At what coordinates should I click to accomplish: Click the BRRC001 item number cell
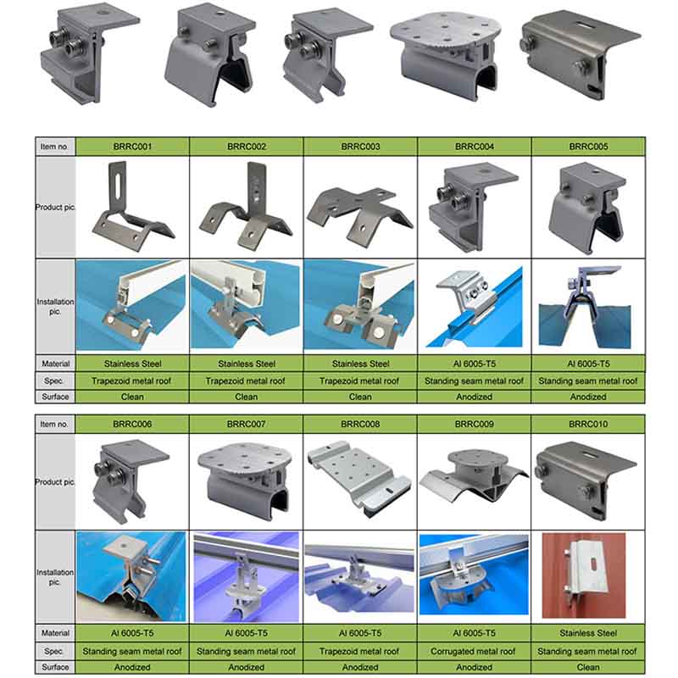point(132,146)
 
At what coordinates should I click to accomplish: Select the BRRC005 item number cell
point(587,146)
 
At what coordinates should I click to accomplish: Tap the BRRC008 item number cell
point(360,424)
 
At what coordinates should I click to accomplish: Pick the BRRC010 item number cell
point(587,424)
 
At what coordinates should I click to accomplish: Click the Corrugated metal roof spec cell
point(474,651)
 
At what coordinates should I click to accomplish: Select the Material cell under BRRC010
point(587,633)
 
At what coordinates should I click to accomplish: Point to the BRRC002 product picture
point(246,206)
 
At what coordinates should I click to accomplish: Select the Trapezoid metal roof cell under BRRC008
point(360,651)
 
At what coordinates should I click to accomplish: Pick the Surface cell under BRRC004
point(474,396)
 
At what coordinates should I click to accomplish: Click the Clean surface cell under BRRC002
point(246,396)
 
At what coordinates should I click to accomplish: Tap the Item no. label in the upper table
point(54,146)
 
